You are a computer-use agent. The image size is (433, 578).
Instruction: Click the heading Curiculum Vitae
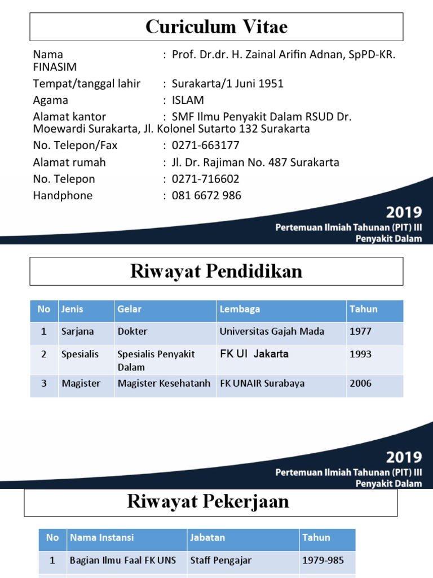click(216, 27)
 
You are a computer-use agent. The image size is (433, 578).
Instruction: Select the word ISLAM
click(188, 100)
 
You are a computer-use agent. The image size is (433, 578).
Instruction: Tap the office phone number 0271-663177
click(206, 146)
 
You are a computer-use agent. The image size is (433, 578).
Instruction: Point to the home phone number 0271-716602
click(206, 179)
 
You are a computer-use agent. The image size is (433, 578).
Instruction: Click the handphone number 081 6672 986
click(206, 196)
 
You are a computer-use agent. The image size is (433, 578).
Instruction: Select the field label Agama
click(51, 100)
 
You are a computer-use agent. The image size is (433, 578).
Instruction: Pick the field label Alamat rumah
click(69, 163)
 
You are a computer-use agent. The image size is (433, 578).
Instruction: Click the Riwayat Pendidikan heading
click(216, 272)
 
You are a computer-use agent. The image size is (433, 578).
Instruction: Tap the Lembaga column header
click(240, 309)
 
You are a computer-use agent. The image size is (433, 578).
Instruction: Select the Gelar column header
click(130, 309)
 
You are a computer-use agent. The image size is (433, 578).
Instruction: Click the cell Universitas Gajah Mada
click(272, 332)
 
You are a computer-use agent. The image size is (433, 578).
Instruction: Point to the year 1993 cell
click(361, 354)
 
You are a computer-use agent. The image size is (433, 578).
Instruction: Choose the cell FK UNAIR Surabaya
click(262, 383)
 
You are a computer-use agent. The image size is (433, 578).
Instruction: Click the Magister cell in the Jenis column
click(81, 383)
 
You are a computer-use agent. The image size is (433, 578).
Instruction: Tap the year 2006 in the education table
click(361, 383)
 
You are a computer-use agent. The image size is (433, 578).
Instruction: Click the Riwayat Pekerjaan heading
click(208, 502)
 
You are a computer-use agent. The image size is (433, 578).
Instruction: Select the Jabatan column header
click(207, 538)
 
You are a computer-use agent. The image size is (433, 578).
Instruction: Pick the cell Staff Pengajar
click(221, 561)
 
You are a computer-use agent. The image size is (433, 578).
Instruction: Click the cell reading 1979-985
click(323, 561)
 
